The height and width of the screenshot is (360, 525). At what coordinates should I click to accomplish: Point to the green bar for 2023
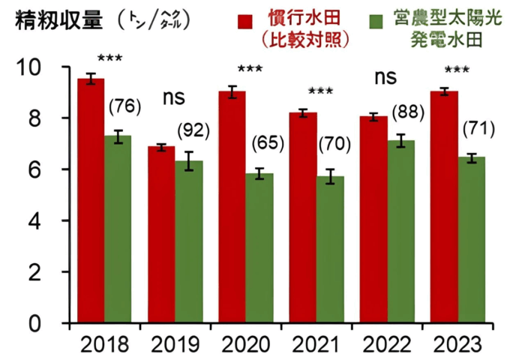click(x=471, y=240)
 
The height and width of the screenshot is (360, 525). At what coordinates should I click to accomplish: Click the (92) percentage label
click(x=193, y=130)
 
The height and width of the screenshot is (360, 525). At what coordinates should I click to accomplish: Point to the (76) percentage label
click(x=124, y=106)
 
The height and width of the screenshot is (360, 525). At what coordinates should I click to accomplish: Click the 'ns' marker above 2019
click(x=175, y=97)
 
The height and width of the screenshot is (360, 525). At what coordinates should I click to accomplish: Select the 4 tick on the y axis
click(x=55, y=221)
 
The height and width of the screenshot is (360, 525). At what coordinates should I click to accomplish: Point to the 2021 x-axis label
click(x=315, y=345)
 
